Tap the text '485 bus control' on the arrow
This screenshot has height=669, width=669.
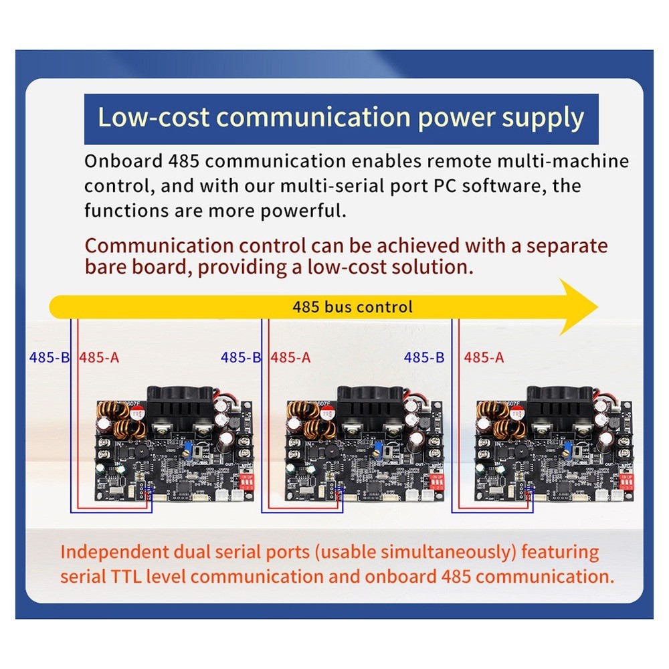tap(353, 307)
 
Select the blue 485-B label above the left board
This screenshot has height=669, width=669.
tap(50, 357)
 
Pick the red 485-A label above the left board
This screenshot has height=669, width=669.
tap(99, 357)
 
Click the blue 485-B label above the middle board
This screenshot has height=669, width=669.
tap(241, 357)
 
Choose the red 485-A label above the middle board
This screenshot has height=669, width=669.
tap(290, 357)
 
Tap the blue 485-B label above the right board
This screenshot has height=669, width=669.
tap(424, 357)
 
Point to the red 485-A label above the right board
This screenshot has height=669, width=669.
tap(484, 357)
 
